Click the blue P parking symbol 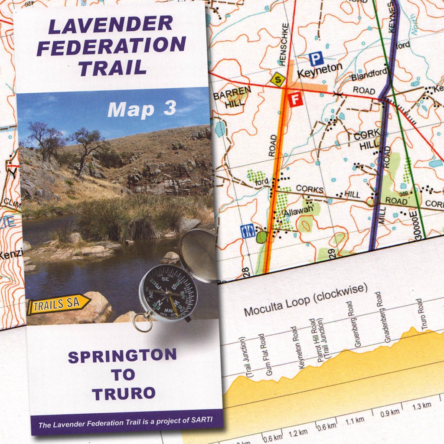[317, 59]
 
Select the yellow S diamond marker [278, 79]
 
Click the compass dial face [168, 293]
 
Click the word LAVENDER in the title [110, 25]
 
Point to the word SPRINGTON [122, 357]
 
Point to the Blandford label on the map [368, 76]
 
